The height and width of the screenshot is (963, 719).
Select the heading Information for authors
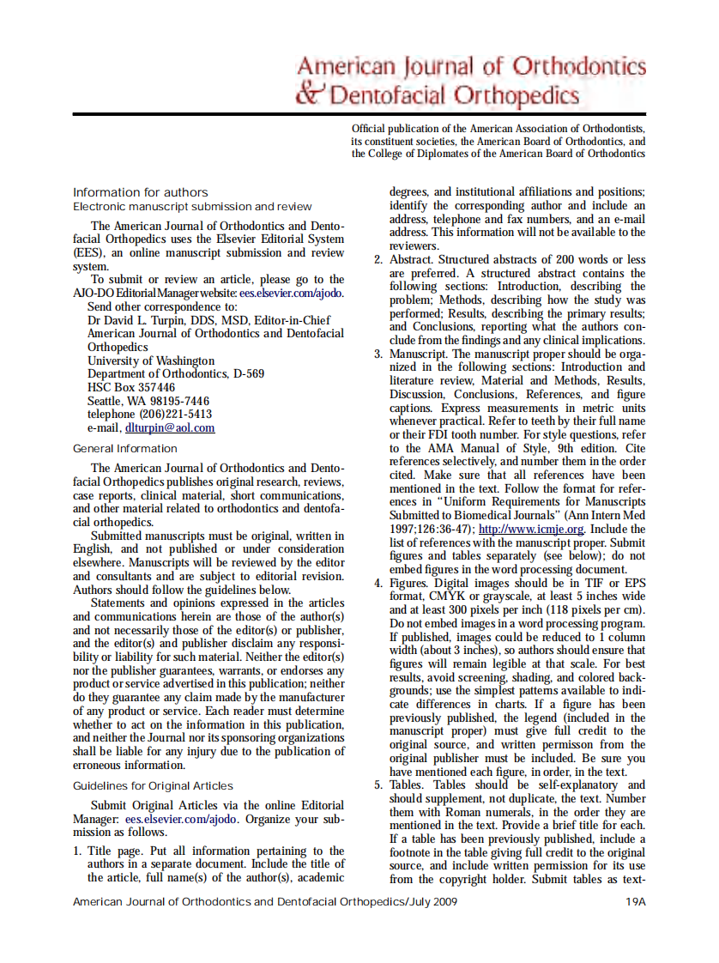(140, 192)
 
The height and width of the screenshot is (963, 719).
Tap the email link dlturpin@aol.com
(170, 427)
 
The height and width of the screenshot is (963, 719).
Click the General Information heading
(125, 448)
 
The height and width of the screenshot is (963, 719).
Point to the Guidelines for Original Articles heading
(153, 785)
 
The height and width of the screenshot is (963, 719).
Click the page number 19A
(636, 902)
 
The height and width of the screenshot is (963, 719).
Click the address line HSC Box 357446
(131, 387)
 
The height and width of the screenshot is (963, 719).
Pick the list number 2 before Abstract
(378, 260)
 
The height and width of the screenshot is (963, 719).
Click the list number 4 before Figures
(378, 584)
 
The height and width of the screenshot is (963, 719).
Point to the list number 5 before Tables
(378, 784)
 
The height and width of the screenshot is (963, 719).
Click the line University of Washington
(151, 360)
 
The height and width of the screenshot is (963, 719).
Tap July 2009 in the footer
(433, 902)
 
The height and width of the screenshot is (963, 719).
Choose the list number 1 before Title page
(76, 851)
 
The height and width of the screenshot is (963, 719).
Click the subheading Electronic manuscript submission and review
(192, 207)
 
